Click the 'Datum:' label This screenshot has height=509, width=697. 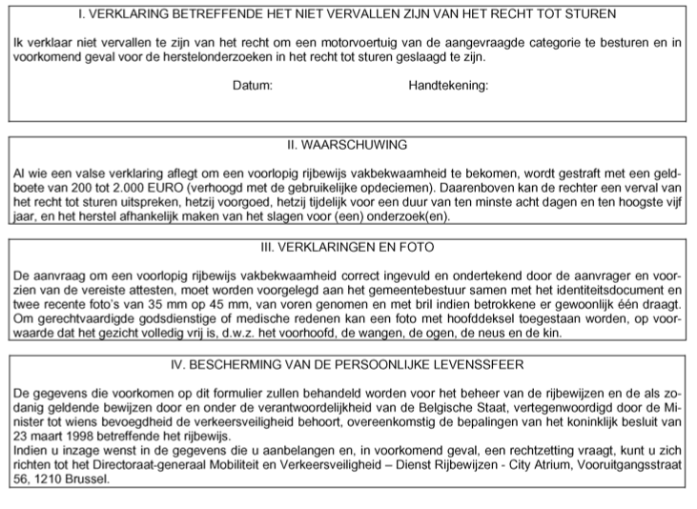[253, 85]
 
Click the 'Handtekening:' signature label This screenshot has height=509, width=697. [448, 85]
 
